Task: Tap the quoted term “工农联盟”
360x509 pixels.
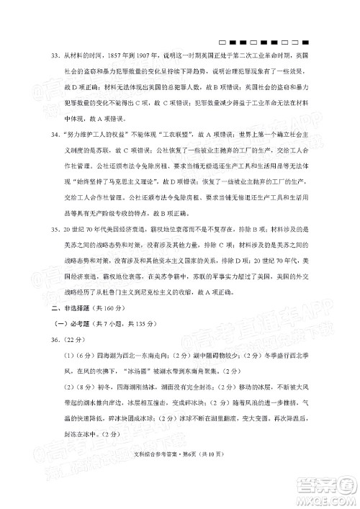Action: tap(171, 135)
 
